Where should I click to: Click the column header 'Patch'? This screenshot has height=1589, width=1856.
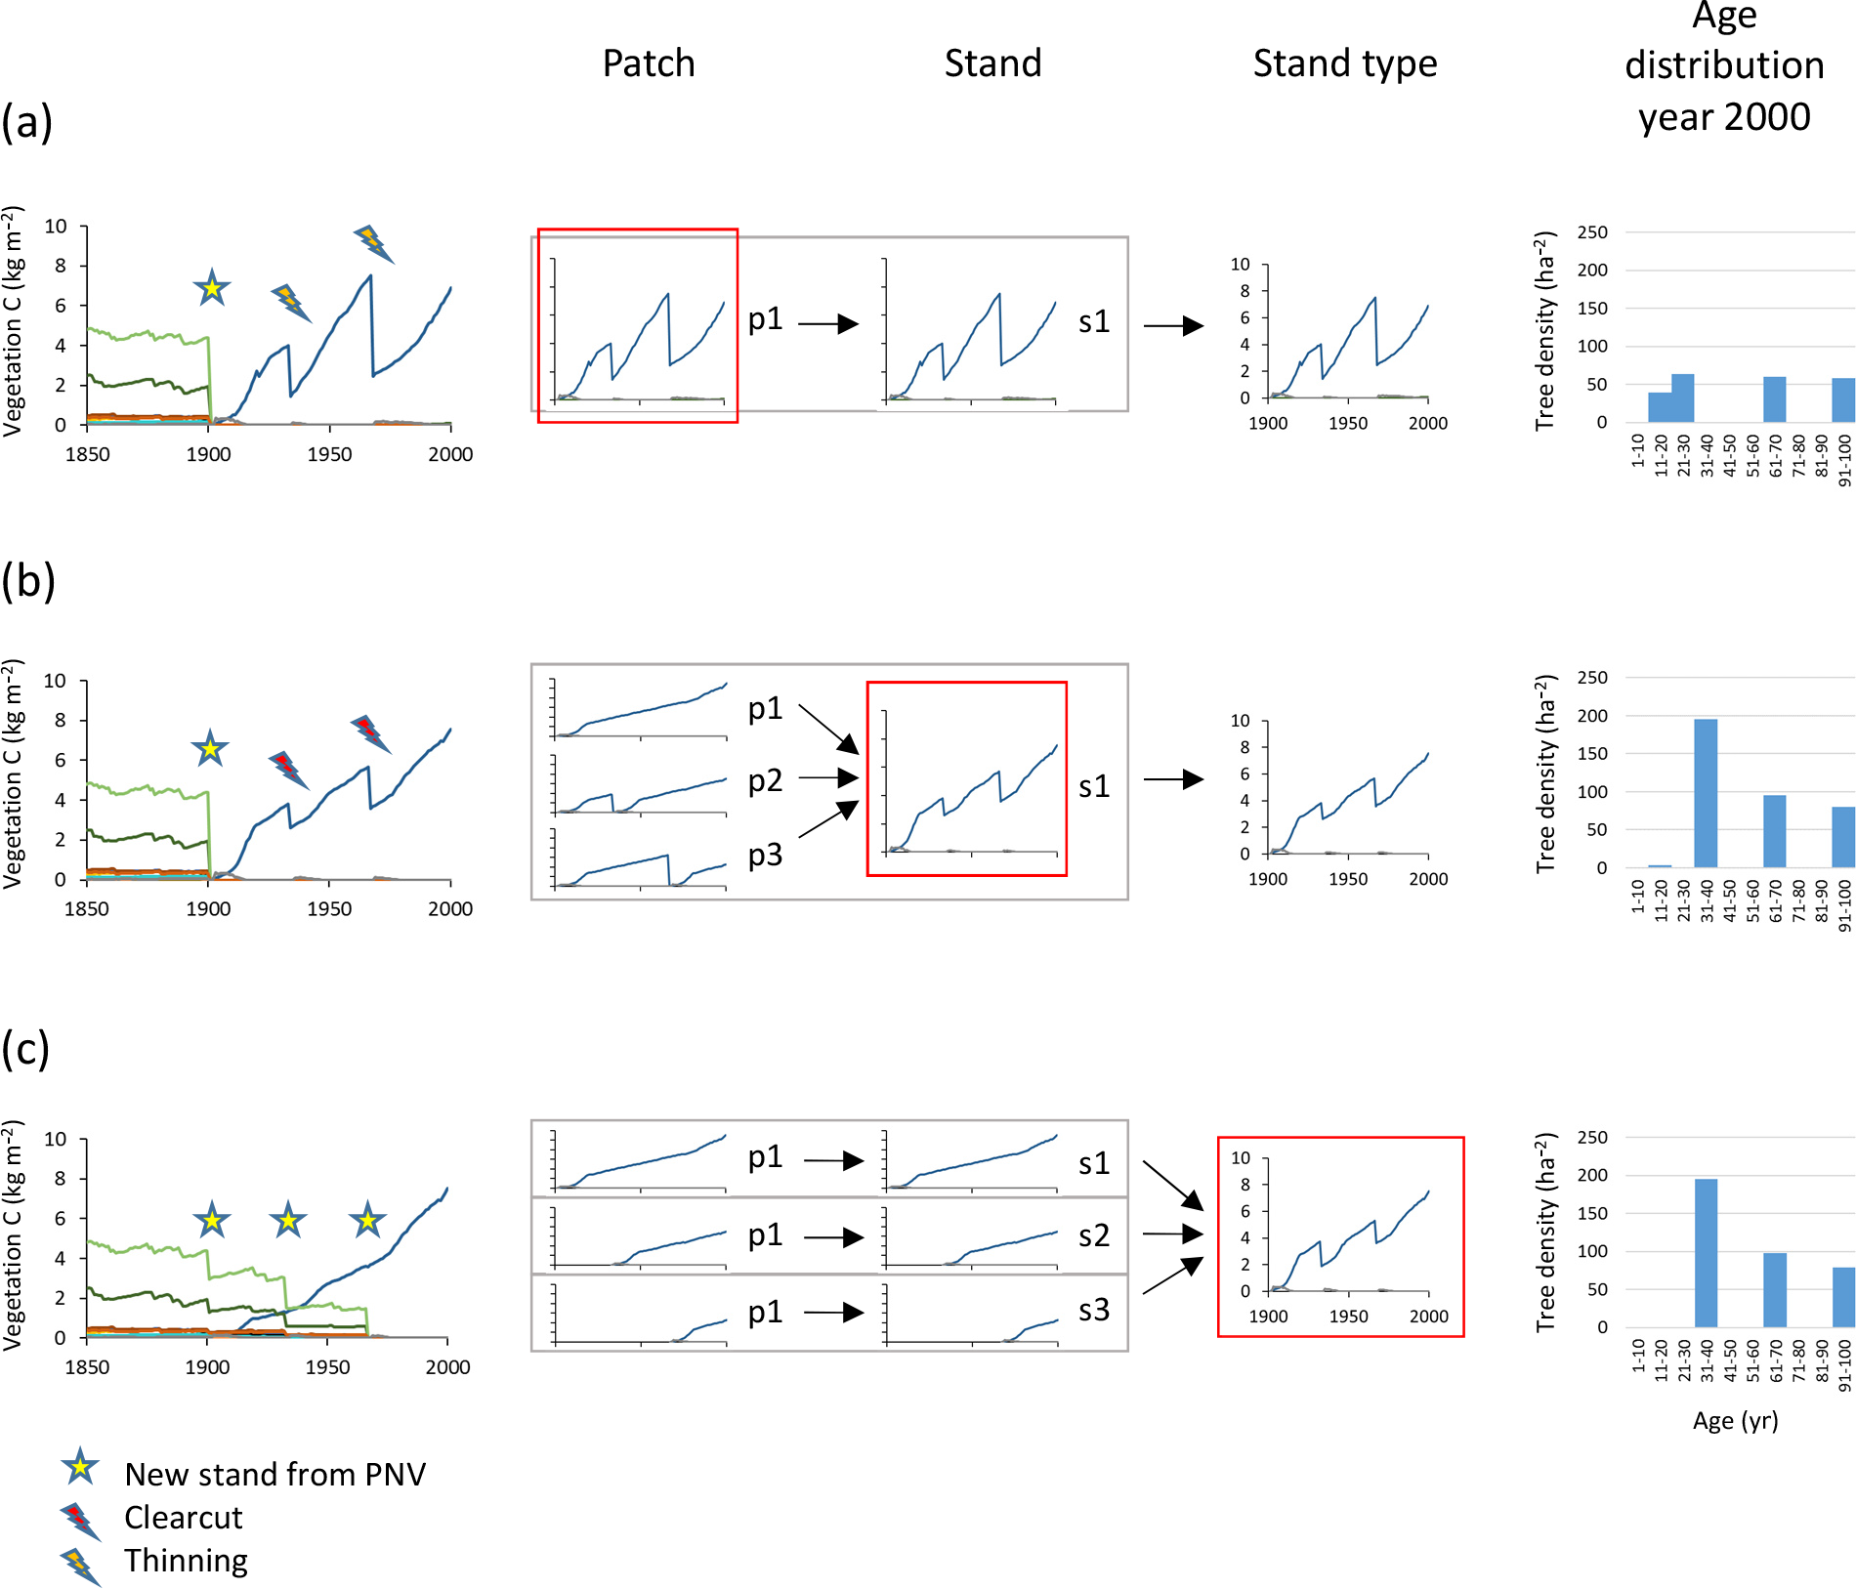(x=649, y=63)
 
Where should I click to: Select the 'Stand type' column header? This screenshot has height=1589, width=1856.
(x=1344, y=63)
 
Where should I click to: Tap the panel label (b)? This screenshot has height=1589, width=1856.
(x=27, y=581)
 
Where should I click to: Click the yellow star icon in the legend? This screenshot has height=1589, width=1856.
(x=80, y=1467)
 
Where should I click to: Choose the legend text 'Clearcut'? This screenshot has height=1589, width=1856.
(x=183, y=1518)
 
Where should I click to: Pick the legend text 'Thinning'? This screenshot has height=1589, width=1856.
(x=186, y=1561)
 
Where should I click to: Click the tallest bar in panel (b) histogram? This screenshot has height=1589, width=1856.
(x=1706, y=793)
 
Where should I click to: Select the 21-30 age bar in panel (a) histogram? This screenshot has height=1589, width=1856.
(x=1682, y=397)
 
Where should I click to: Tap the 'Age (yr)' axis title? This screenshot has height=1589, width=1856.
(x=1735, y=1420)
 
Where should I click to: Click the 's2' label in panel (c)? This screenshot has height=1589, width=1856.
(x=1094, y=1235)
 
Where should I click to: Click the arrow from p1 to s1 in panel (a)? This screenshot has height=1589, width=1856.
(x=827, y=323)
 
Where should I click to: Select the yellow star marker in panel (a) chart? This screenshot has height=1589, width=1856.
(x=211, y=288)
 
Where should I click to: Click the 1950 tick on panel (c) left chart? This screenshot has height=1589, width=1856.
(x=327, y=1367)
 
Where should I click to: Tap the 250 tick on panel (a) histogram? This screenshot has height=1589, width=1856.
(x=1592, y=232)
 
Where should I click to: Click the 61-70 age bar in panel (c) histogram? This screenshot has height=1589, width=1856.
(x=1774, y=1289)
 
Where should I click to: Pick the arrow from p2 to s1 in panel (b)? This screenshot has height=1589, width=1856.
(x=827, y=778)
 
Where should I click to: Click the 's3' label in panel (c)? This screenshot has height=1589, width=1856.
(x=1094, y=1310)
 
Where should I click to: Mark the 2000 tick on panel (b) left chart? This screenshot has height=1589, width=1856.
(x=449, y=909)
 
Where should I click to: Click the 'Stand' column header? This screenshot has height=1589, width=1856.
(x=992, y=63)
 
